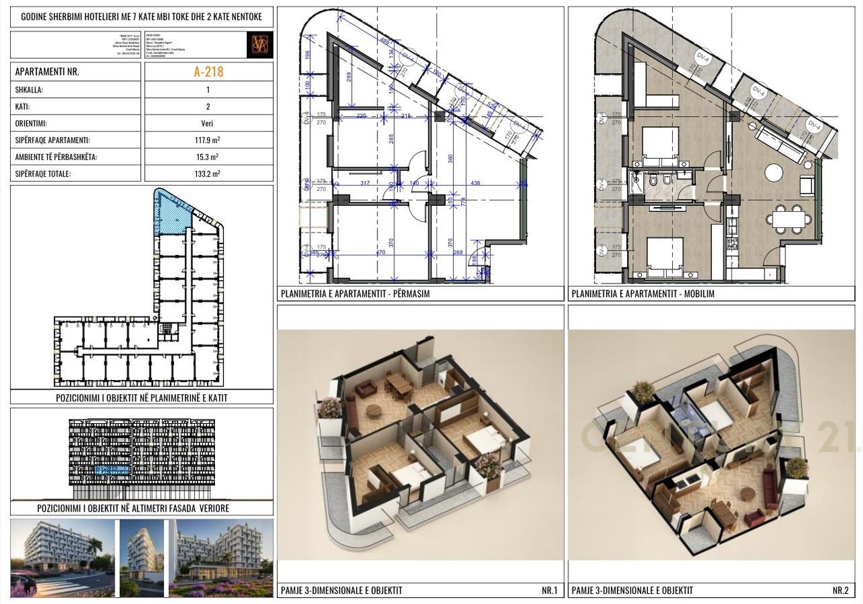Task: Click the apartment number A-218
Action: coord(209,72)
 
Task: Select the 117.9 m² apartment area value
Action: coord(208,141)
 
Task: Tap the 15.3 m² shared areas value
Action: coord(208,157)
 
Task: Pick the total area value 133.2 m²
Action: coord(208,173)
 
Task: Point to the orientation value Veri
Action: coord(208,124)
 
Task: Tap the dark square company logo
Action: coord(260,45)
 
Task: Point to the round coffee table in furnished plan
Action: coord(773,173)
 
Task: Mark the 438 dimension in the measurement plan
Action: coord(475,184)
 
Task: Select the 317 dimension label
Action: coord(365,184)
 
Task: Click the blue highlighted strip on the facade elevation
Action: coord(113,469)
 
